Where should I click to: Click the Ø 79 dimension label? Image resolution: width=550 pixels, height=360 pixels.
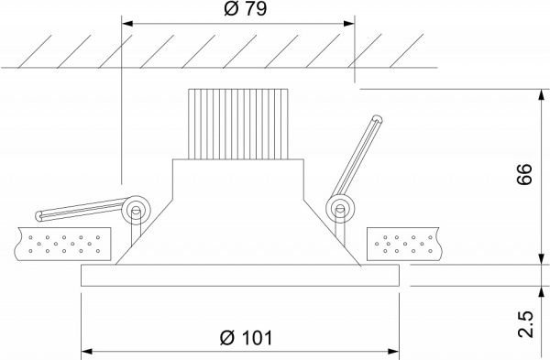(x=238, y=9)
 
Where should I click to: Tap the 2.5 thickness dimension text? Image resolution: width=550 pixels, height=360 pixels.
(x=524, y=323)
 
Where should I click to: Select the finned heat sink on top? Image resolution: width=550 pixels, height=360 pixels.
(x=238, y=124)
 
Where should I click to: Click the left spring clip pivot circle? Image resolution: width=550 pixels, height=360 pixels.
(x=136, y=208)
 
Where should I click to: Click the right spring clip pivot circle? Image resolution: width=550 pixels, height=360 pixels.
(x=341, y=208)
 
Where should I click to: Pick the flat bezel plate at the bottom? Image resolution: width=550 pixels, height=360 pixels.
(x=240, y=276)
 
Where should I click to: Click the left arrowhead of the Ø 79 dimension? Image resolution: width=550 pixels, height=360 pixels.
(x=126, y=25)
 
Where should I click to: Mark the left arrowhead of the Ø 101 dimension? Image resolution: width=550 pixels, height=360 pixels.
(x=87, y=350)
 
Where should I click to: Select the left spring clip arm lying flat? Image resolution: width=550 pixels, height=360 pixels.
(x=82, y=210)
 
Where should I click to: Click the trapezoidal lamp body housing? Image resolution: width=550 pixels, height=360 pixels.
(x=238, y=229)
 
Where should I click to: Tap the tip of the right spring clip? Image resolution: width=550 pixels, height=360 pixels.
(x=376, y=118)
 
